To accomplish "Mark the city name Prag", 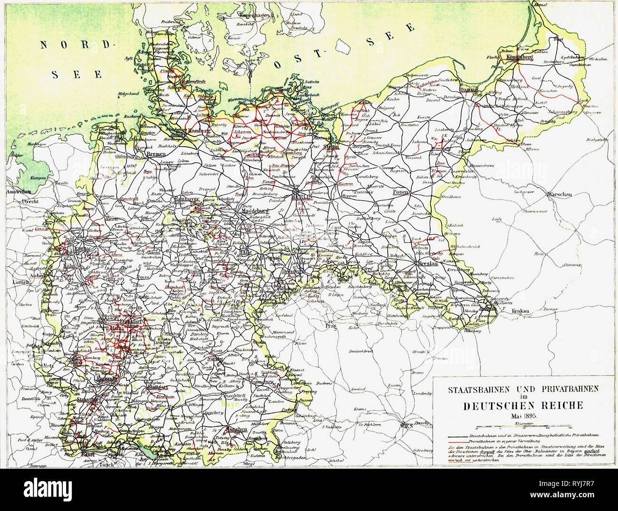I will [331, 326].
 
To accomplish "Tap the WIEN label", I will [407, 426].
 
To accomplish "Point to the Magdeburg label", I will [254, 211].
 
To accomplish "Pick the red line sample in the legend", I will [459, 442].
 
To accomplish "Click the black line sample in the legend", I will [459, 435].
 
